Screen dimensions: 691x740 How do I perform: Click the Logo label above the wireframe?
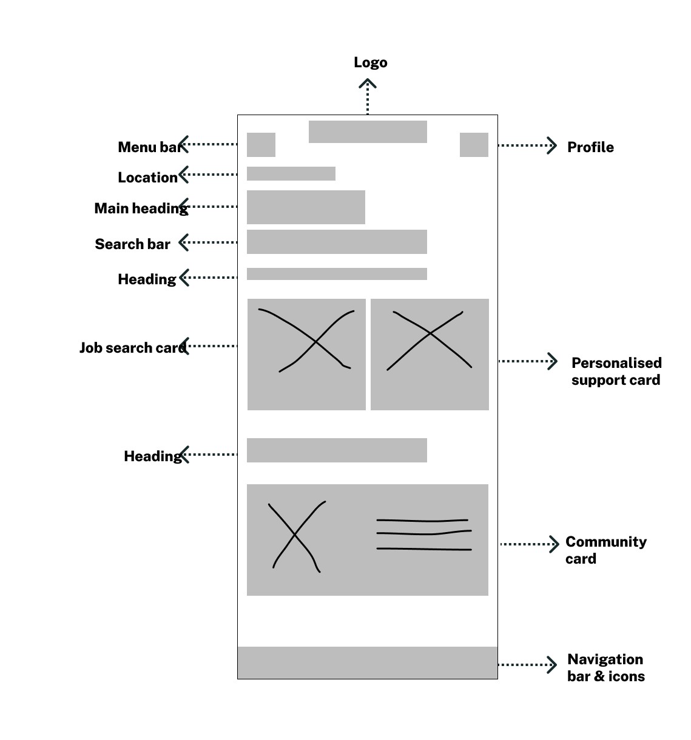coord(370,62)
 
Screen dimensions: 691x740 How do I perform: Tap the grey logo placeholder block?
coord(368,132)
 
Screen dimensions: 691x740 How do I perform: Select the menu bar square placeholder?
coord(261,145)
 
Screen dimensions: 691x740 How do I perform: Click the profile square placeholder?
coord(474,145)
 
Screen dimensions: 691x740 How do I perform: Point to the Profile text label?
coord(590,147)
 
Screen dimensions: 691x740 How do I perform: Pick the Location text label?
coord(147,178)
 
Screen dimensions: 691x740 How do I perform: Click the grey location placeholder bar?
coord(291,173)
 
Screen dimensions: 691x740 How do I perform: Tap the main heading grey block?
coord(306,207)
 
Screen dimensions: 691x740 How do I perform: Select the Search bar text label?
coord(132,244)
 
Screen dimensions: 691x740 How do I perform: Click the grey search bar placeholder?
coord(337,242)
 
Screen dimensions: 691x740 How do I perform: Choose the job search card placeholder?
coord(306,355)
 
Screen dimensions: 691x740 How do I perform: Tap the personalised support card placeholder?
coord(430,355)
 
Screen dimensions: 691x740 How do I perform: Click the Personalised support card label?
coord(616,372)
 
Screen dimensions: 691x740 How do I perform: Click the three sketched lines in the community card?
coord(423,535)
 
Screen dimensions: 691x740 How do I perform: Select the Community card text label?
coord(605,550)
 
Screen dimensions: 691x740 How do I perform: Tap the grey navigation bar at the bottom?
coord(367,662)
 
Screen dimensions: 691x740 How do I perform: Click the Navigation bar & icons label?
coord(605,668)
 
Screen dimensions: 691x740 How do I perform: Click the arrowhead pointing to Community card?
coord(554,544)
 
